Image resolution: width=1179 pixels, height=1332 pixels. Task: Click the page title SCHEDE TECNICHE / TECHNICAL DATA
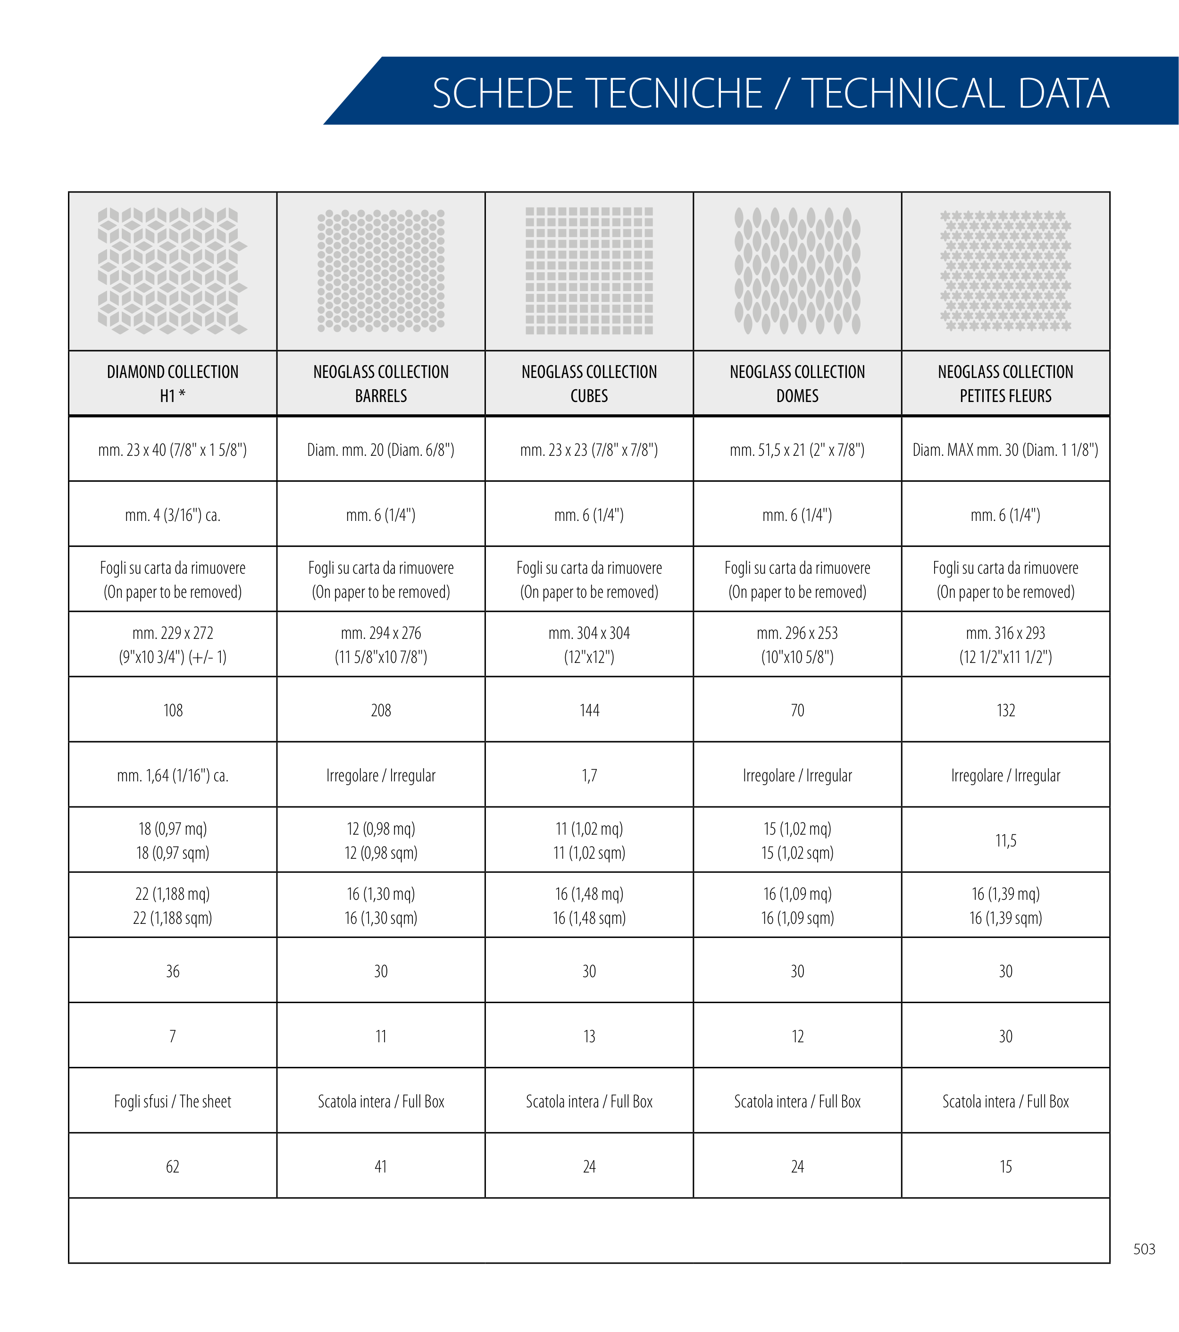[770, 93]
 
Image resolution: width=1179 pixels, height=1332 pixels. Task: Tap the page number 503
[1144, 1248]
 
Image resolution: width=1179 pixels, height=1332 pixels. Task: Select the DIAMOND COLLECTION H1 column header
[173, 384]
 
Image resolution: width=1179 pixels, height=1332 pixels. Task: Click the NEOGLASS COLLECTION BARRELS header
[381, 384]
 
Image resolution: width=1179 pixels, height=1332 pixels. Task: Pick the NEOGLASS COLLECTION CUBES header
[589, 384]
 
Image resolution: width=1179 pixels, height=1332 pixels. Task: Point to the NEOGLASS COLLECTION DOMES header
[797, 384]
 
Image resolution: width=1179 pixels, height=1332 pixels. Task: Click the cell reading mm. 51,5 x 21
[797, 450]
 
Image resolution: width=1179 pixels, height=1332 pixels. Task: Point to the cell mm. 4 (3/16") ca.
[173, 515]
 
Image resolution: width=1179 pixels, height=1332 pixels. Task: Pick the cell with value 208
[381, 710]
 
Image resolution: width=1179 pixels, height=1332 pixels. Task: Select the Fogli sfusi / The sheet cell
[173, 1101]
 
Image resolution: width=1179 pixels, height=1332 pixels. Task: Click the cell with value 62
[173, 1166]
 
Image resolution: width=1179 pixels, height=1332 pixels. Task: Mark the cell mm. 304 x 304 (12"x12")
[589, 645]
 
